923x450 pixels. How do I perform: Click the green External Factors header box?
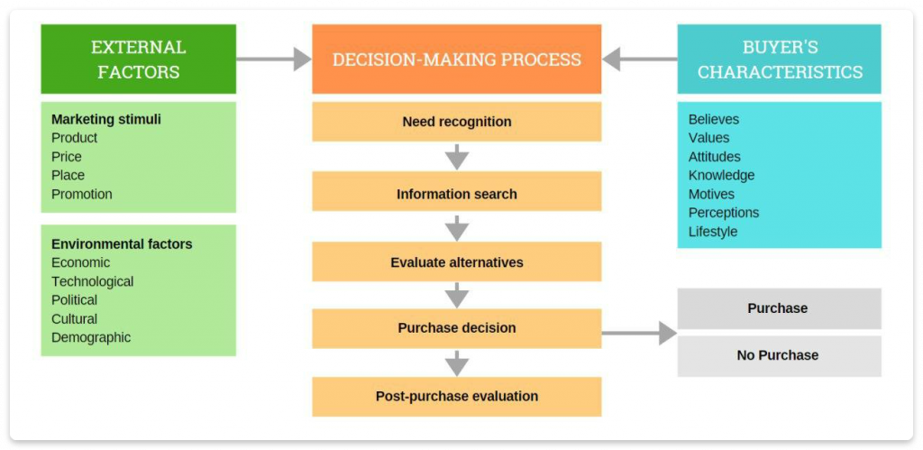pyautogui.click(x=138, y=59)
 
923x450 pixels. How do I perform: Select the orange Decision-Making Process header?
pyautogui.click(x=456, y=60)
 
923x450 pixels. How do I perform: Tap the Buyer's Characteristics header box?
pyautogui.click(x=779, y=59)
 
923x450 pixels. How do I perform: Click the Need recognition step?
pyautogui.click(x=456, y=122)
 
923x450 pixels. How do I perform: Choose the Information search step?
pyautogui.click(x=456, y=194)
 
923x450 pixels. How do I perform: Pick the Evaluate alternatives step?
pyautogui.click(x=456, y=262)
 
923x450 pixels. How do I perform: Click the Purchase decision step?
pyautogui.click(x=456, y=328)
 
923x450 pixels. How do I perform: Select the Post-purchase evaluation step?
pyautogui.click(x=456, y=396)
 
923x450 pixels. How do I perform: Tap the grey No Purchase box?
pyautogui.click(x=777, y=355)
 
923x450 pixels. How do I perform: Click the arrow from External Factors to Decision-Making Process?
pyautogui.click(x=274, y=60)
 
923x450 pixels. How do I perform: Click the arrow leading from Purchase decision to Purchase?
pyautogui.click(x=639, y=333)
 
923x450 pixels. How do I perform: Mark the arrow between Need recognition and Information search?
pyautogui.click(x=457, y=157)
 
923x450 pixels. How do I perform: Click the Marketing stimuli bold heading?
pyautogui.click(x=106, y=119)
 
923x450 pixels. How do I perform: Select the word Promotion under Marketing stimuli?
pyautogui.click(x=82, y=194)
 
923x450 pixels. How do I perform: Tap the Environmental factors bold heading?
pyautogui.click(x=122, y=243)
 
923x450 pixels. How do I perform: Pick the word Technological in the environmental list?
pyautogui.click(x=92, y=281)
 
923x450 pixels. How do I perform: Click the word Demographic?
pyautogui.click(x=91, y=337)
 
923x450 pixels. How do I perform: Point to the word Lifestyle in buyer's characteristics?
pyautogui.click(x=713, y=232)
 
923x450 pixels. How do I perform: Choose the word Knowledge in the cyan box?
pyautogui.click(x=721, y=175)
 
